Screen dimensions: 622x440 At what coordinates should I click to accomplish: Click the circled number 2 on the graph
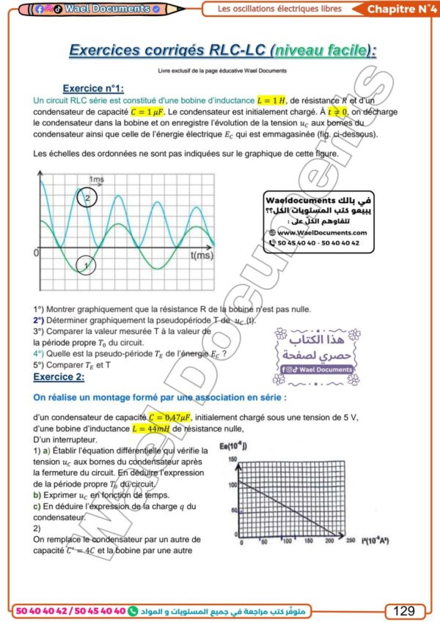click(87, 198)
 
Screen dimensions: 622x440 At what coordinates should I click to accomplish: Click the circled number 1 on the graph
click(86, 264)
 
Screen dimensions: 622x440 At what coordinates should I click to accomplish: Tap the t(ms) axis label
click(202, 256)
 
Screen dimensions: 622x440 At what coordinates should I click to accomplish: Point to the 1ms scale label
click(97, 179)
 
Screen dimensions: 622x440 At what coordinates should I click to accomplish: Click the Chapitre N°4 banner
click(397, 9)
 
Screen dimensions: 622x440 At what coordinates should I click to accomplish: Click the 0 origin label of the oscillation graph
click(36, 253)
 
